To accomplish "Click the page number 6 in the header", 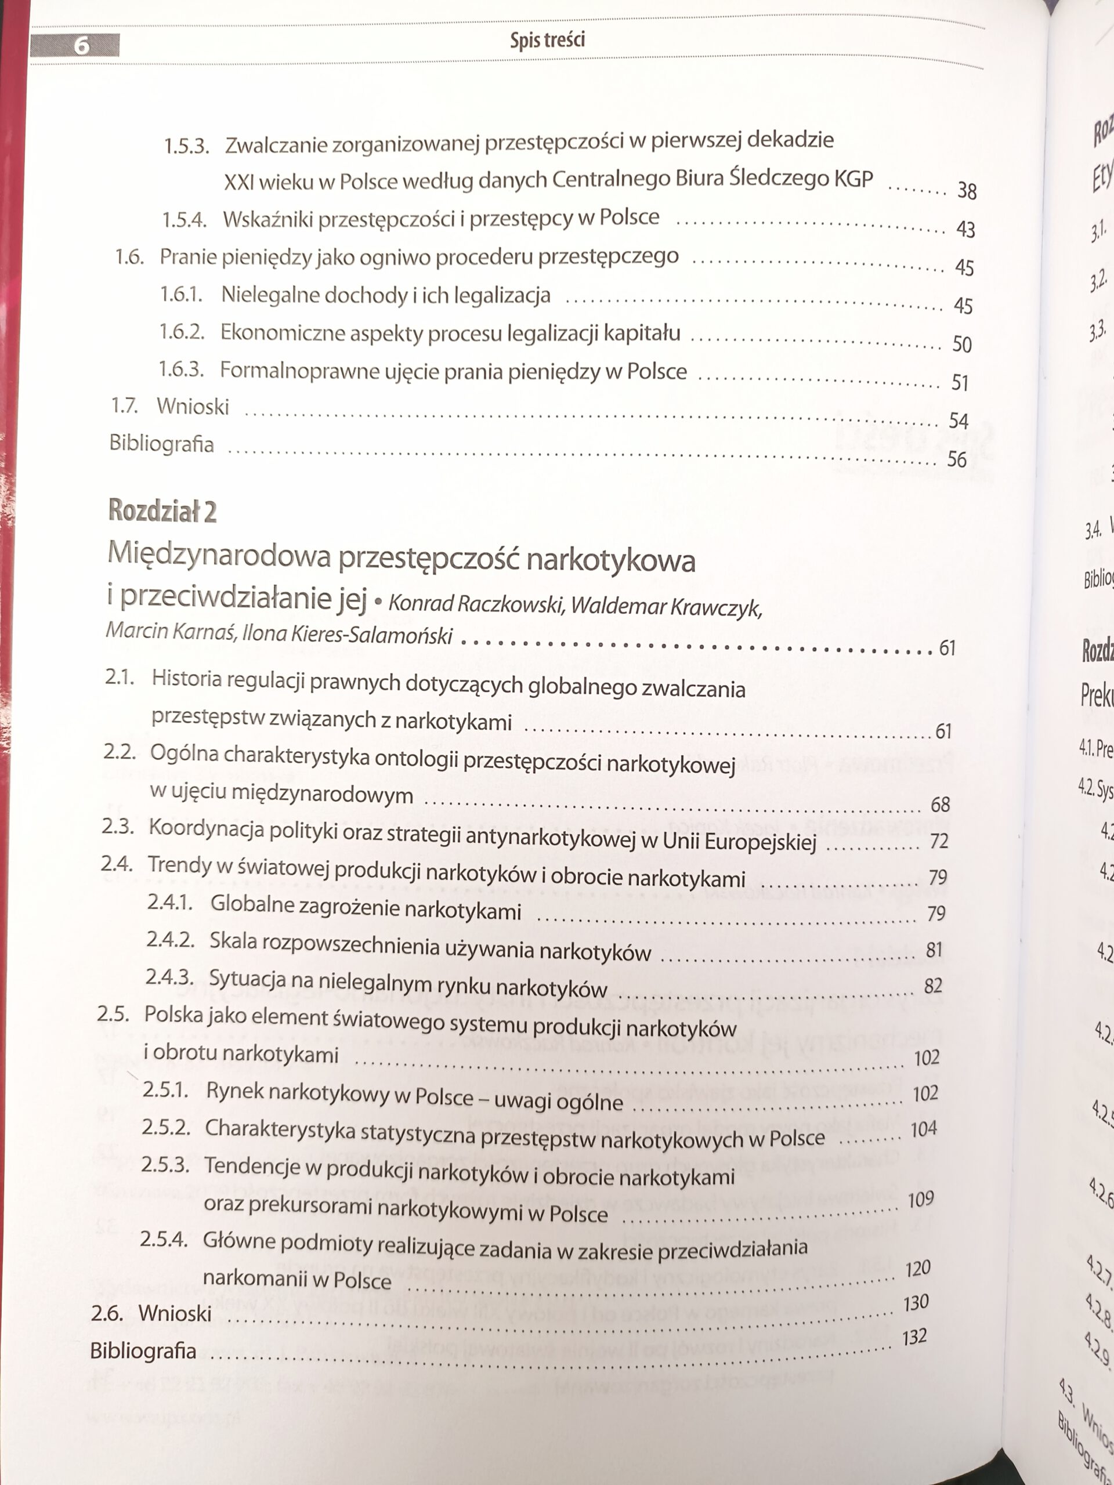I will (81, 46).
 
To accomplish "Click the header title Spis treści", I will (547, 40).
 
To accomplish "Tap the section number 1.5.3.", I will (187, 146).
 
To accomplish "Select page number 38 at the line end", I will (966, 191).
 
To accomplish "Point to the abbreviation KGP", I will (853, 179).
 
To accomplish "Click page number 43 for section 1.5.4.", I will (965, 230).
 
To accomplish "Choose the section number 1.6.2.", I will (181, 332).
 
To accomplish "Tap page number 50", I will (961, 345).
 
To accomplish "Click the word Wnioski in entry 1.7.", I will (193, 406).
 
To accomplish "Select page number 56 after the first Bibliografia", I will (956, 459).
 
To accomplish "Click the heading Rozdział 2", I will (162, 512).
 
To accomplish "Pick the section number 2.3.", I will (119, 827).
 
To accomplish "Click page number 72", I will (939, 841).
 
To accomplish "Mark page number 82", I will (933, 986).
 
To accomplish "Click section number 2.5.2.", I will (166, 1127).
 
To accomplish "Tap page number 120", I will (917, 1269).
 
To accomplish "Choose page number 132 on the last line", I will (914, 1337).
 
